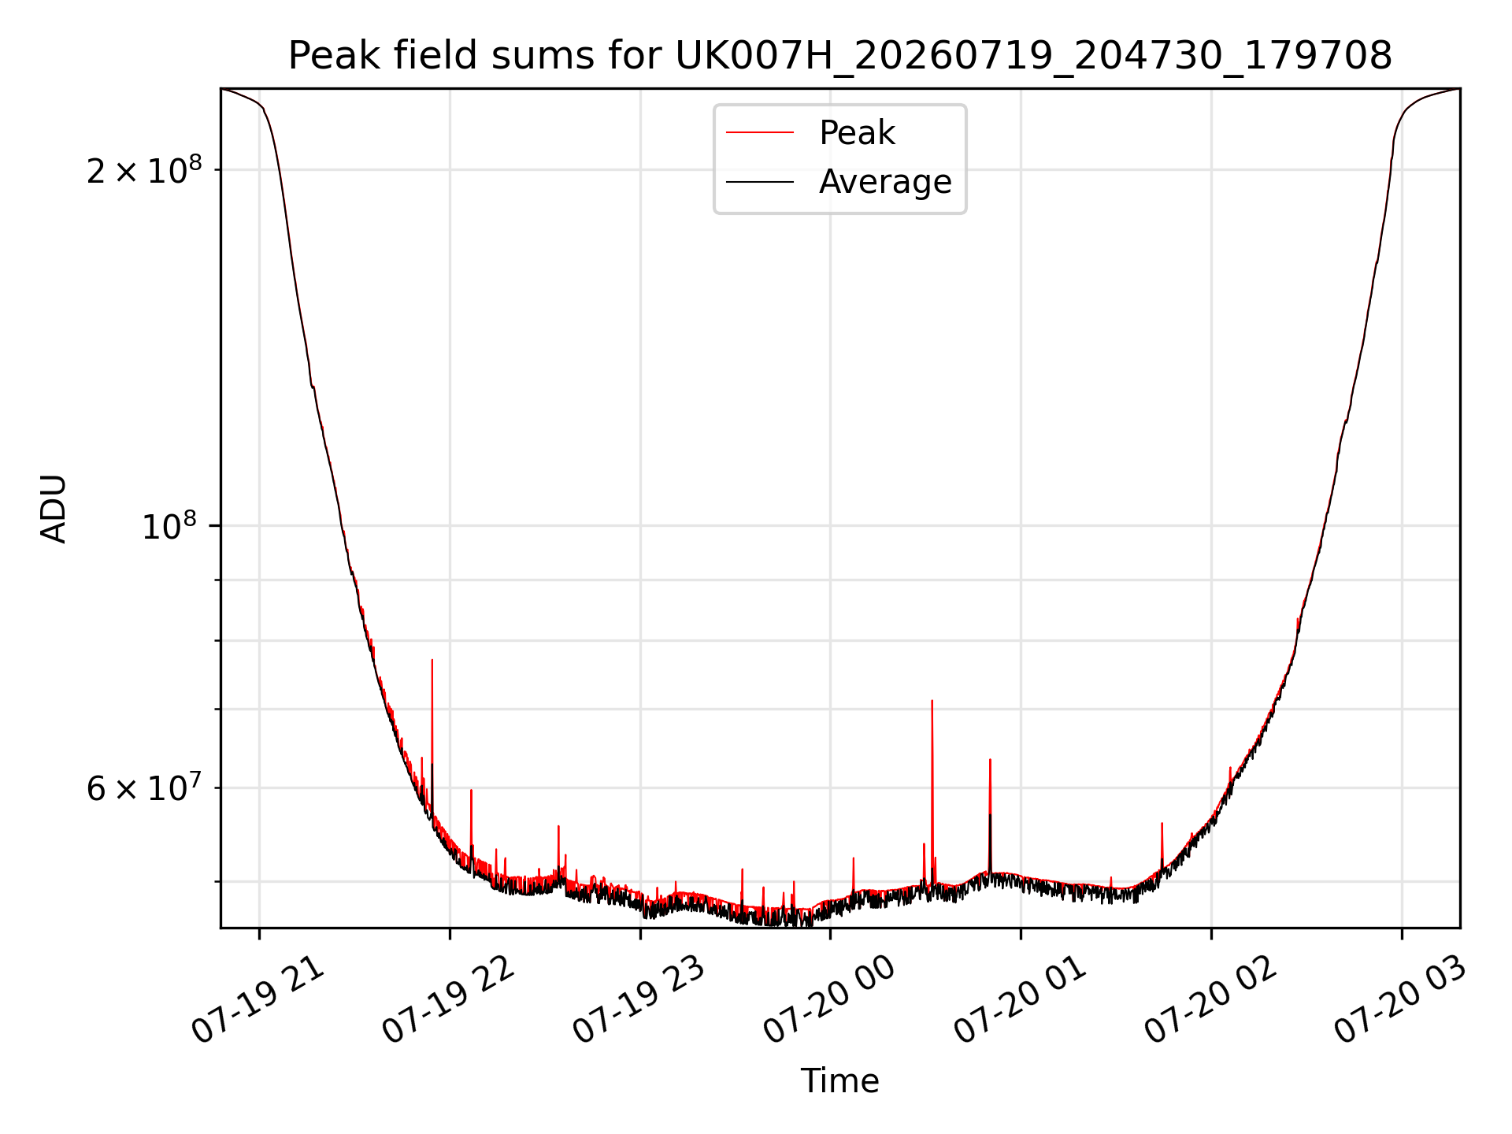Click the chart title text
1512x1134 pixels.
tap(840, 56)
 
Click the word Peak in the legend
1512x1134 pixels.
tap(857, 133)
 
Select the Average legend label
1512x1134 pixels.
tap(885, 182)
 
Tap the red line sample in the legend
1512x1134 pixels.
tap(760, 132)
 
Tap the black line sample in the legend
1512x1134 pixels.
tap(760, 182)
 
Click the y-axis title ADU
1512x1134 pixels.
tap(54, 509)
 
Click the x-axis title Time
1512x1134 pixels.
tap(840, 1081)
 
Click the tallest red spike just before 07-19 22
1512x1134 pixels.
tap(432, 660)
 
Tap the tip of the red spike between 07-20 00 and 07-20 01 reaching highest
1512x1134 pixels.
tap(932, 700)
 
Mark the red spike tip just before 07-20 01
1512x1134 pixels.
tap(990, 760)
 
